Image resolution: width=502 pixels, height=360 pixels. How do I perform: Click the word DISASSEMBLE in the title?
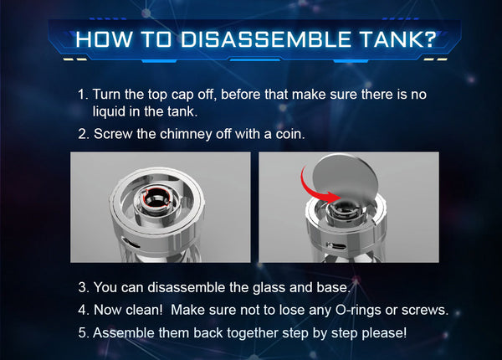click(266, 39)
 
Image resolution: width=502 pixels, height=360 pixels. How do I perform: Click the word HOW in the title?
click(104, 39)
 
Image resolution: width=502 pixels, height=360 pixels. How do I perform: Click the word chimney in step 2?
click(186, 134)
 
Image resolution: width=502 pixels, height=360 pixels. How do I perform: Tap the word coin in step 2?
click(290, 134)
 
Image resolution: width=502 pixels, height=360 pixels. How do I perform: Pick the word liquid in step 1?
click(109, 112)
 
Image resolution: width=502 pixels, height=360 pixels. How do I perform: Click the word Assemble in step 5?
click(124, 333)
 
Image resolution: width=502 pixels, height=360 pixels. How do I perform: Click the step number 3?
click(84, 288)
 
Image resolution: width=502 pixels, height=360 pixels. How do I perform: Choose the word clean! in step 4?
click(144, 310)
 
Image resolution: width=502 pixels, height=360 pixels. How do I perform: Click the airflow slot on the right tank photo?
click(336, 247)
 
